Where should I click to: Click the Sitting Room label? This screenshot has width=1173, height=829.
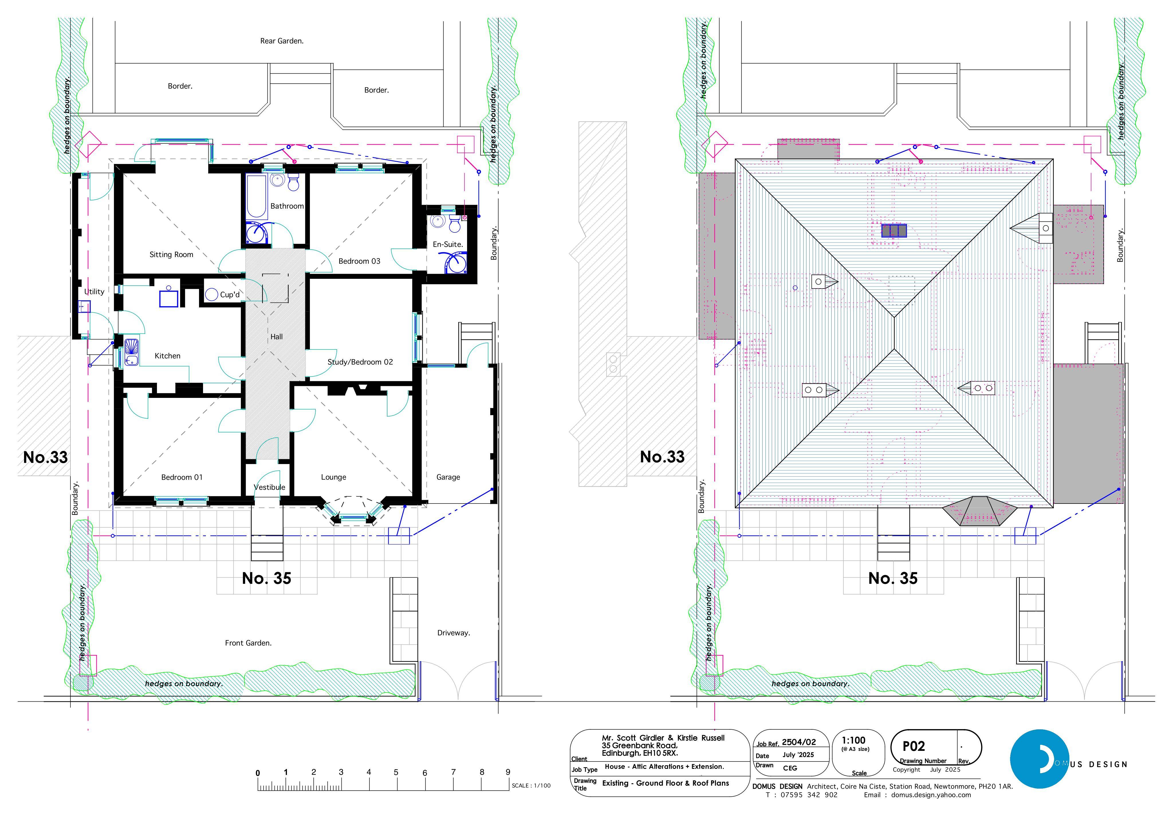click(x=171, y=254)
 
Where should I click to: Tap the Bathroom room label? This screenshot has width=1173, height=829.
click(x=287, y=206)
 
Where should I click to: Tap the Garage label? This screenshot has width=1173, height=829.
click(x=448, y=477)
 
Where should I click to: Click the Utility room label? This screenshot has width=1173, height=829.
click(x=94, y=292)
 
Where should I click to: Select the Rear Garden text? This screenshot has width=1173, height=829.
click(x=282, y=41)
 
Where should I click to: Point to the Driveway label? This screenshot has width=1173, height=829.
click(x=454, y=633)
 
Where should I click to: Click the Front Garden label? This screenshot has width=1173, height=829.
click(x=248, y=643)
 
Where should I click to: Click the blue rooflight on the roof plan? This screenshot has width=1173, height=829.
click(x=894, y=231)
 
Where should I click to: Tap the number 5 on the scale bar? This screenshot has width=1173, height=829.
click(x=396, y=772)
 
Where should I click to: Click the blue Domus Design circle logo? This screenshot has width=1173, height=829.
click(x=1039, y=759)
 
